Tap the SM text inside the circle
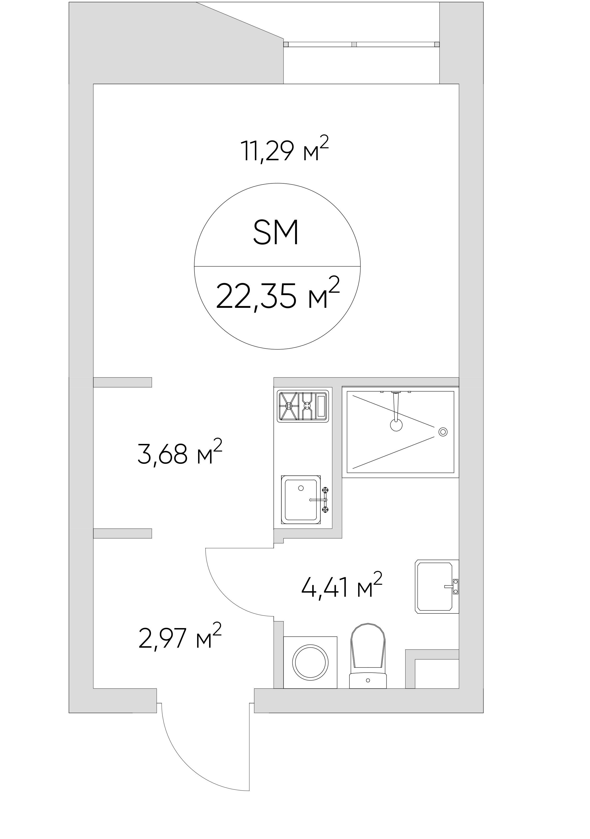(276, 232)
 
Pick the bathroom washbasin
(437, 586)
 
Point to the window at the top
(362, 44)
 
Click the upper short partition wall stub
(122, 382)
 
